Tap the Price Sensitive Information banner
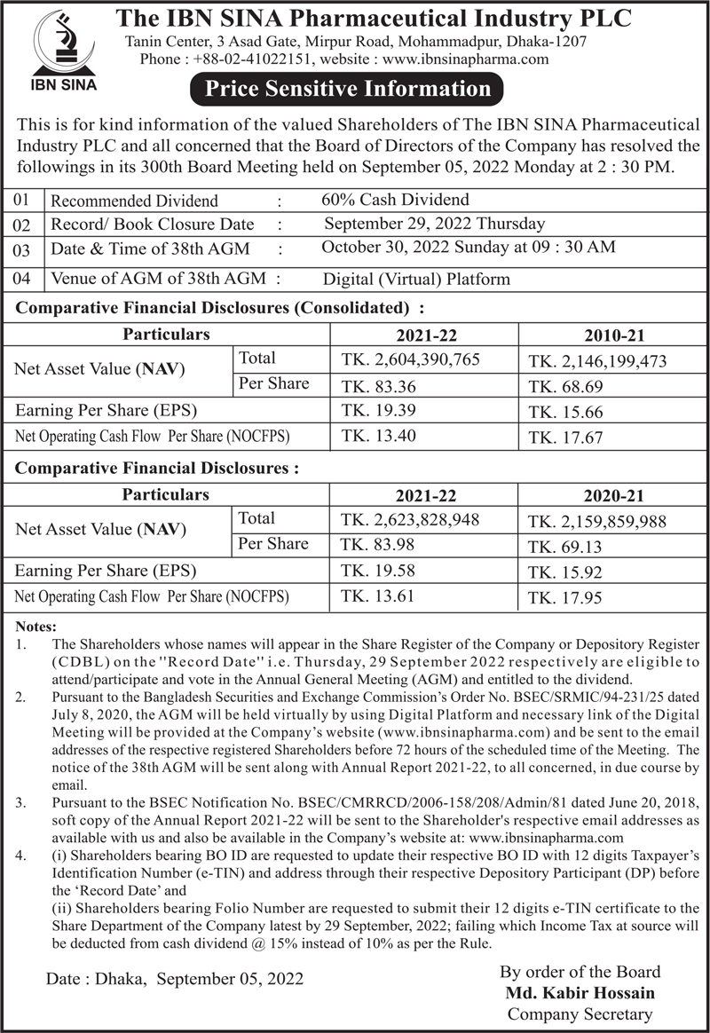(347, 89)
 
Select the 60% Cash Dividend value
(395, 200)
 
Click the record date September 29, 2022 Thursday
(435, 224)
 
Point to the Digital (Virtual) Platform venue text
(416, 279)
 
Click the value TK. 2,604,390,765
(410, 361)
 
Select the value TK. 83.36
(379, 387)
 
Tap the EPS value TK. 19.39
(379, 412)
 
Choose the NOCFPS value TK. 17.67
(565, 438)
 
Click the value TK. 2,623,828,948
(410, 520)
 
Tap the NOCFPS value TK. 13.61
(379, 596)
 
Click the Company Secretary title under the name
(580, 1013)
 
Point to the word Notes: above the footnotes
(36, 627)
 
